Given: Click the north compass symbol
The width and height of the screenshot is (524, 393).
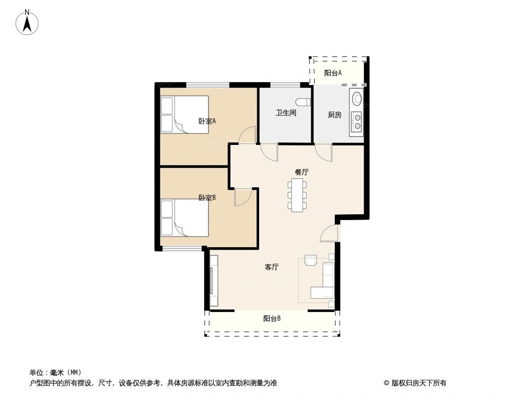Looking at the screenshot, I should click(28, 22).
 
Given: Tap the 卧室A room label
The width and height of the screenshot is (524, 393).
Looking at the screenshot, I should click(207, 121).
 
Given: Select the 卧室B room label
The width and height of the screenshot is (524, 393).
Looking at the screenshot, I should click(207, 198).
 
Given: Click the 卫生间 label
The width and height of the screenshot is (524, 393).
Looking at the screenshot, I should click(286, 113).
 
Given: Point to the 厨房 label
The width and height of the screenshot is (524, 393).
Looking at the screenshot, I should click(334, 115).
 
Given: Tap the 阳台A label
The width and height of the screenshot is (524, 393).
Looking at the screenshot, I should click(333, 73).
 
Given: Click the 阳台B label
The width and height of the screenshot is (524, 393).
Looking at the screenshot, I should click(272, 318).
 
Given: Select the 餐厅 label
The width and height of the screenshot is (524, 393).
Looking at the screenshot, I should click(301, 172).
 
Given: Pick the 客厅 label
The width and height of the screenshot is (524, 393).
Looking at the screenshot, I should click(272, 267).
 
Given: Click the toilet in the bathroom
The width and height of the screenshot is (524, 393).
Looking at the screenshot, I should click(306, 102).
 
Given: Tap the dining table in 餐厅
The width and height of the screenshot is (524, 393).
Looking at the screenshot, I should click(297, 195).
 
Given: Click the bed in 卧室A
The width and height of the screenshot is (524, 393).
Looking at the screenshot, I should click(185, 115).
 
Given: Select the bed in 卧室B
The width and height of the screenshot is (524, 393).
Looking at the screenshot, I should click(185, 218).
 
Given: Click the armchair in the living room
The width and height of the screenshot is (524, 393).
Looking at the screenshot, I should click(311, 260).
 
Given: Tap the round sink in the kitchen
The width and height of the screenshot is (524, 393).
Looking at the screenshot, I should click(356, 99).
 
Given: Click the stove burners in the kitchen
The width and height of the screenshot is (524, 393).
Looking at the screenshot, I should click(356, 121).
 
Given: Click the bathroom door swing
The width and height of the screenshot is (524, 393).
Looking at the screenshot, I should click(269, 152).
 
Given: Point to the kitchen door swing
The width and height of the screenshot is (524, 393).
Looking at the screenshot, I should click(323, 152).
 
